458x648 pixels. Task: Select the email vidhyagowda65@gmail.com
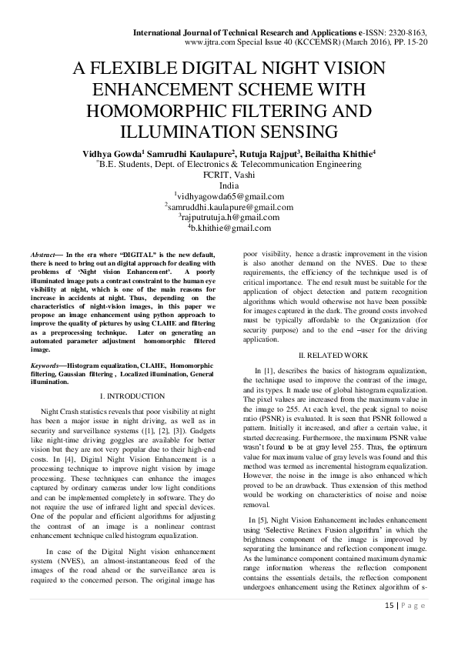[x=230, y=196]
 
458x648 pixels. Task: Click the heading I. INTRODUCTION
[x=122, y=395]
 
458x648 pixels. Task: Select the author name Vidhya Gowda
[x=110, y=154]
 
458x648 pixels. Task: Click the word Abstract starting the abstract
[x=42, y=253]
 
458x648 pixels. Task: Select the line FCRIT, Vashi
[x=229, y=175]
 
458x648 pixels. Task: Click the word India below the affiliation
[x=229, y=185]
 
